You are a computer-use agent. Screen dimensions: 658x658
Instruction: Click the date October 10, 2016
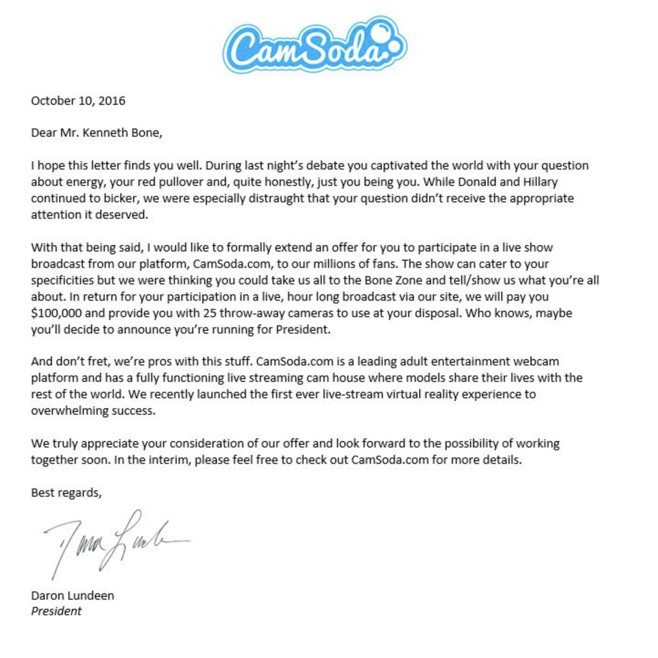point(78,101)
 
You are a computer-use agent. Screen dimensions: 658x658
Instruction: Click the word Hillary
point(538,182)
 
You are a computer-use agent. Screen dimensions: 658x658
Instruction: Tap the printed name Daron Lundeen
point(72,595)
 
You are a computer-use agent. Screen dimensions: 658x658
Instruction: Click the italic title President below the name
point(56,611)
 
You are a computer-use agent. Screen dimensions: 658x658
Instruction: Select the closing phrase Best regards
point(66,493)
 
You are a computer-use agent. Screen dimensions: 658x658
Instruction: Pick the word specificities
point(63,281)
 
